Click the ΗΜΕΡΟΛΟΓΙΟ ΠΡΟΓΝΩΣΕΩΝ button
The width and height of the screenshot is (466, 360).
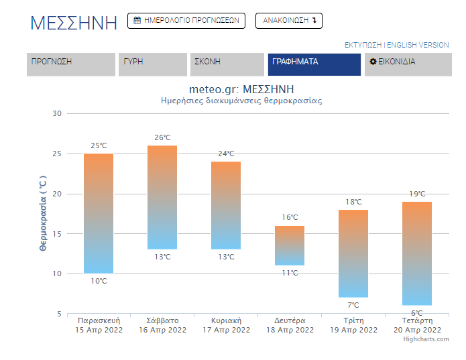click(x=186, y=21)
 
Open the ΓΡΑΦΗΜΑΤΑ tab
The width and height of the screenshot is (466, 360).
click(x=314, y=64)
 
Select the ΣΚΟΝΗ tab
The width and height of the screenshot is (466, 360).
click(x=227, y=64)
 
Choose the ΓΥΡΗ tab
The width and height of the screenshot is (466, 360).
click(x=153, y=64)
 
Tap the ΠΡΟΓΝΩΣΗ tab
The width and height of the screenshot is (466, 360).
click(x=71, y=64)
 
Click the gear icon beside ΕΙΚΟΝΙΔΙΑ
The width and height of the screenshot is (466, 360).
click(x=373, y=62)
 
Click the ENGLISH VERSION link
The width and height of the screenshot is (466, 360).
click(x=418, y=45)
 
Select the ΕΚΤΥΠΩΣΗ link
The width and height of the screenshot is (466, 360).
click(x=363, y=45)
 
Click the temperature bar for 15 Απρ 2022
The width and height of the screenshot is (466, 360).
click(x=99, y=213)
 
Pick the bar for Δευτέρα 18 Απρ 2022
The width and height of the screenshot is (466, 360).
click(x=290, y=245)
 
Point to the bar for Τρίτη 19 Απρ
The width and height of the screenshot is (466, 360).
click(x=353, y=253)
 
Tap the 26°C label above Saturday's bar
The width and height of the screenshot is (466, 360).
click(x=162, y=137)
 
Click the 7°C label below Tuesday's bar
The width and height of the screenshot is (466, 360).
click(x=353, y=305)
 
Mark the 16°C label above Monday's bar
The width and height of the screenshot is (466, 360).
click(x=290, y=217)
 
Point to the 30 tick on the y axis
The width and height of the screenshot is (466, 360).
click(x=57, y=113)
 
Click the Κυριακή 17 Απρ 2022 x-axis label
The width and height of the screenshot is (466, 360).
click(x=226, y=325)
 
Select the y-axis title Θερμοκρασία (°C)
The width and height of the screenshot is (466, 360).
click(x=43, y=213)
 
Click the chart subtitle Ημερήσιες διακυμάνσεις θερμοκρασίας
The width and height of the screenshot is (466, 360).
click(x=241, y=101)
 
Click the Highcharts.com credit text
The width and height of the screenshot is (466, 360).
click(x=426, y=339)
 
